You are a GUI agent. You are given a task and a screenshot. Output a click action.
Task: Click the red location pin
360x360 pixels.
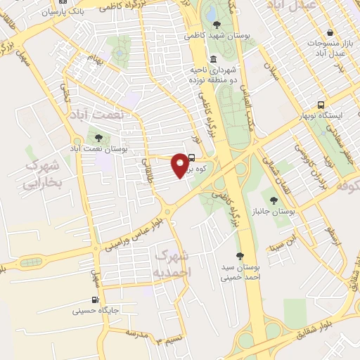click(180, 164)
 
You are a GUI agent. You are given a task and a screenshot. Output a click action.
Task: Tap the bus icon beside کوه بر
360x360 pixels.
click(193, 158)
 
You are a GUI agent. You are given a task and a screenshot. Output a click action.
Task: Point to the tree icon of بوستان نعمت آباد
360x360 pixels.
click(98, 139)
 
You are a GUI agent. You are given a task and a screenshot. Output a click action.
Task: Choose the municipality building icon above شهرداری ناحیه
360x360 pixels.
click(214, 59)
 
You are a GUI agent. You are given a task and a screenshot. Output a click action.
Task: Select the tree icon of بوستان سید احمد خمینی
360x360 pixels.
click(240, 257)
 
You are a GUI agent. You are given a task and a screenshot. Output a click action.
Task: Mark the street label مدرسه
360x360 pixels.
click(131, 333)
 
